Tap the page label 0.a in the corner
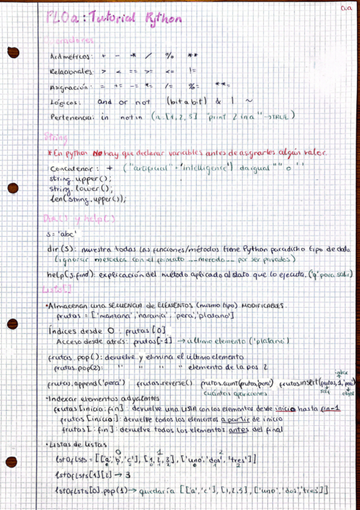pos(346,8)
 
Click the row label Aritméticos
pos(70,57)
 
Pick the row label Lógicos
pos(66,103)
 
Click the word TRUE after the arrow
pos(279,117)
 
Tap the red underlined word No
pos(99,153)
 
